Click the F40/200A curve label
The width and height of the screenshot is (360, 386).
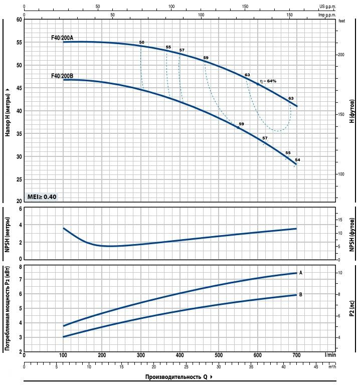pos(62,37)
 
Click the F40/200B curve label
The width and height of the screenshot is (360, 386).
pos(62,76)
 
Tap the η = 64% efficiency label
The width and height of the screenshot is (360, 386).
pos(268,81)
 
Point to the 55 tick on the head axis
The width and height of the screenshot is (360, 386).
pos(19,43)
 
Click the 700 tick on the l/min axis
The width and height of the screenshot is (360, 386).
pos(296,355)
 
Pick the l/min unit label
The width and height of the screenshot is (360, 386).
pos(330,355)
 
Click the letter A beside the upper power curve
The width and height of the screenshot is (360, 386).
pos(301,273)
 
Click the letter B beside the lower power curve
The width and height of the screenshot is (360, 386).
pos(301,295)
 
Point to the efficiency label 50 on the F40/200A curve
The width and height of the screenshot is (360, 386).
pos(142,42)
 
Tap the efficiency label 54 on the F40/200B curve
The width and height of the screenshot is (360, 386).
pos(297,160)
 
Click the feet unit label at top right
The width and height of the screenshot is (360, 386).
pos(342,21)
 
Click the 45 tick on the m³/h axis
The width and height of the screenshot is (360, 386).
pos(315,366)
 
